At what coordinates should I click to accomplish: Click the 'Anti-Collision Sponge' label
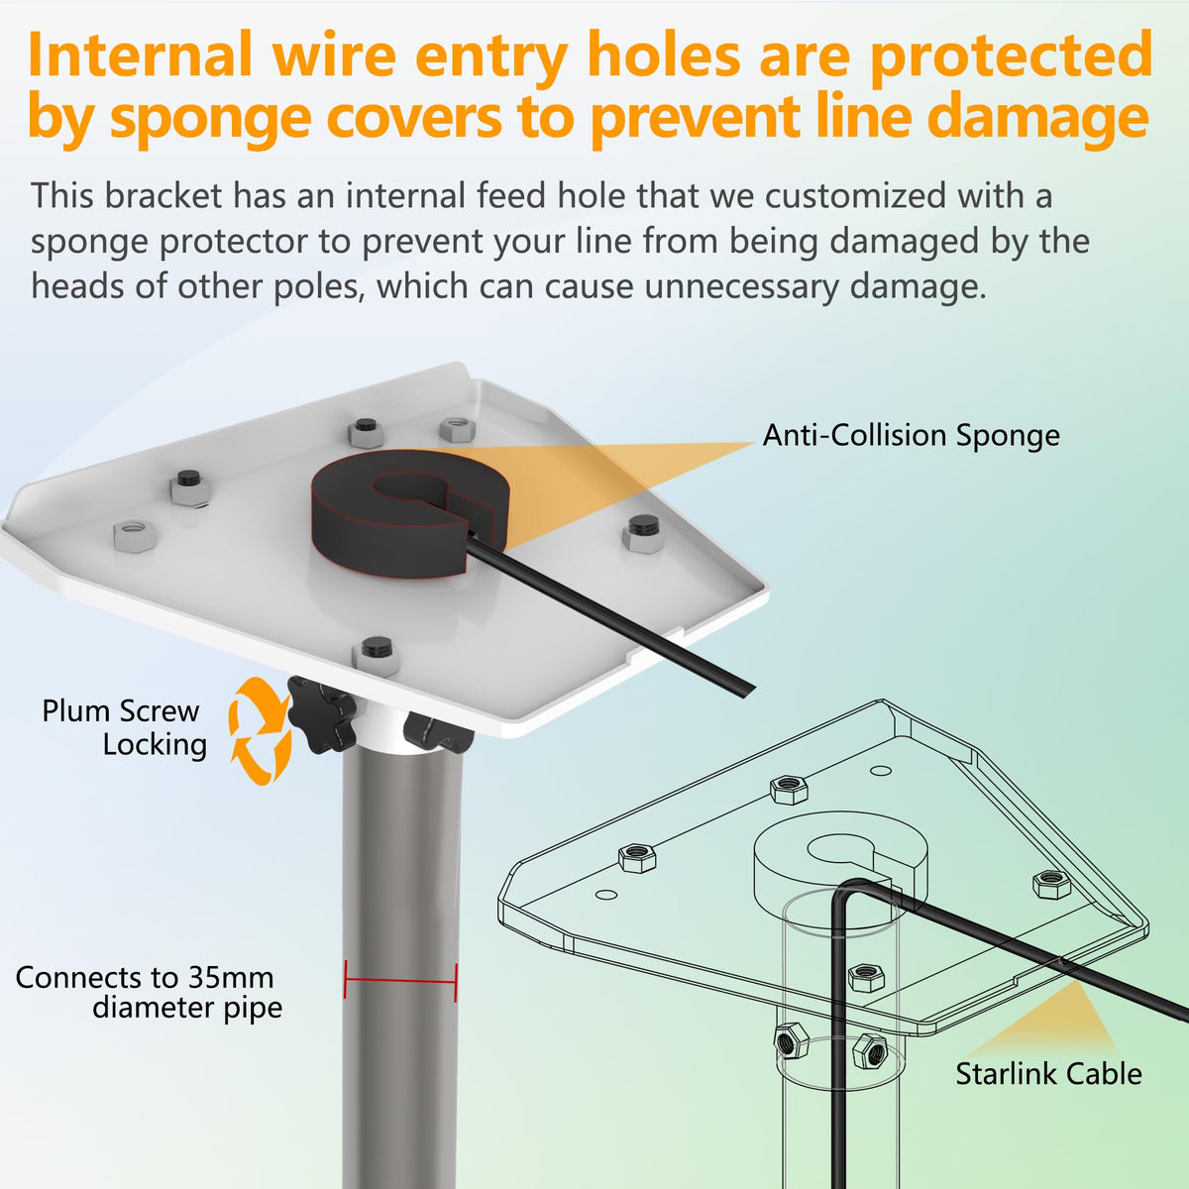[x=911, y=436]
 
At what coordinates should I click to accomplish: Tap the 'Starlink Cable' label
[x=1048, y=1074]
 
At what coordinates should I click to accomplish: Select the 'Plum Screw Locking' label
[x=124, y=728]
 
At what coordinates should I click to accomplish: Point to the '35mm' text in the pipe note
[x=231, y=977]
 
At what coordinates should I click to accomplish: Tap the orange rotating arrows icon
[x=260, y=732]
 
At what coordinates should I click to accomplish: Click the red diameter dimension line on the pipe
[x=400, y=981]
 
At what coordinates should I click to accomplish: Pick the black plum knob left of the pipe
[x=320, y=714]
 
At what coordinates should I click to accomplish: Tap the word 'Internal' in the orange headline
[x=140, y=54]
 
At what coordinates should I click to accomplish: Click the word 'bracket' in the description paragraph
[x=162, y=195]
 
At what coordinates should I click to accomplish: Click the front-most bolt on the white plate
[x=377, y=657]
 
